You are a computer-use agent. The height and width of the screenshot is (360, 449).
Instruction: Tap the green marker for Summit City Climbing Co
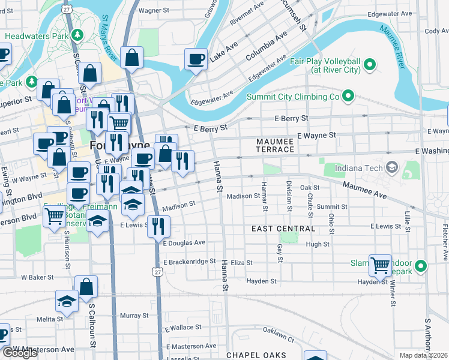coord(348,96)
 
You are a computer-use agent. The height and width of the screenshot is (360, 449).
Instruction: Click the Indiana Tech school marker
coord(392,166)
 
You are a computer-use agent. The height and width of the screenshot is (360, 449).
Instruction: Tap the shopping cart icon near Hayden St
coord(380,264)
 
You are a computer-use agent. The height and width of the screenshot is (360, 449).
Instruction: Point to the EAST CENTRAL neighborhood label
coord(283,229)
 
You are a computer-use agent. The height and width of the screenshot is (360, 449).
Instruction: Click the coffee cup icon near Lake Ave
coord(196,59)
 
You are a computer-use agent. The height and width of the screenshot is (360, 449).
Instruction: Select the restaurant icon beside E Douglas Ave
coord(158,225)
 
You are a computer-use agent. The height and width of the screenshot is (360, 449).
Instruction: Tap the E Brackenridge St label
coord(188,262)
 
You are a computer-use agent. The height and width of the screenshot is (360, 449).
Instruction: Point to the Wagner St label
coord(154,10)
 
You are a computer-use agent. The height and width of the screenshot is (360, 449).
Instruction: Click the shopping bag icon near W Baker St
coord(86,287)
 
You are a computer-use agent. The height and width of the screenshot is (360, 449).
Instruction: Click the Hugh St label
coord(318,244)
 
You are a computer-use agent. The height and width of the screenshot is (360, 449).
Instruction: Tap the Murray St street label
coord(134,315)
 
